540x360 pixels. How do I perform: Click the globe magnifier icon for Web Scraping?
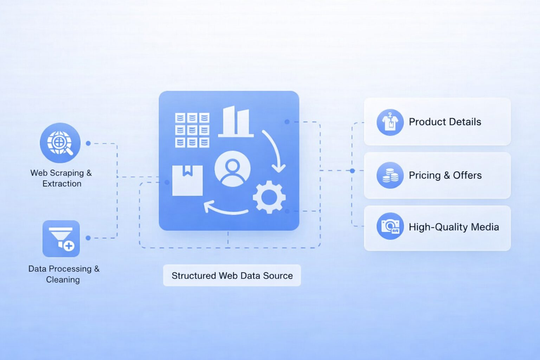pos(60,143)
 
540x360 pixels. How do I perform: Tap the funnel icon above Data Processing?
pos(61,239)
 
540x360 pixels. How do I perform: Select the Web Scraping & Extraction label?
pos(61,178)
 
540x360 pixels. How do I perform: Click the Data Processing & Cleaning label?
pos(64,274)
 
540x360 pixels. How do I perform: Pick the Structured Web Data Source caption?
pos(232,276)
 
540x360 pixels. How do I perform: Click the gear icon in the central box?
pos(269,197)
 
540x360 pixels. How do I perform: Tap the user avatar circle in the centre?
pos(232,169)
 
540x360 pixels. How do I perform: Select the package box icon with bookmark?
pos(187,180)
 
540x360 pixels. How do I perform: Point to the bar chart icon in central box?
pos(236,122)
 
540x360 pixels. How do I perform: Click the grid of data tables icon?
pos(192,130)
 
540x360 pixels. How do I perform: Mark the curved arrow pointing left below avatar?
pos(225,208)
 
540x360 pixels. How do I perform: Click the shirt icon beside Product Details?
pos(390,122)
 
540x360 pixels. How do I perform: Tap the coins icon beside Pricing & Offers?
pos(390,175)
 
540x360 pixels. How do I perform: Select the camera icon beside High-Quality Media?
pos(390,226)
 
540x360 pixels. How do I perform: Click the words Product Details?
pos(445,122)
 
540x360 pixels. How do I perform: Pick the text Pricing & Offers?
pos(445,175)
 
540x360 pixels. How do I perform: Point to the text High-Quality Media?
pos(454,227)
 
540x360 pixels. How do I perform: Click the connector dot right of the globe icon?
pos(88,143)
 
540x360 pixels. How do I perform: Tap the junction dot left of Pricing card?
pos(352,171)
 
